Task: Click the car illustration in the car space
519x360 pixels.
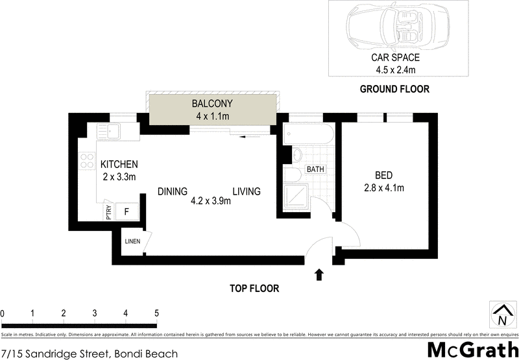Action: tap(396, 27)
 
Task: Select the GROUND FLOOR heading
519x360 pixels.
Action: tap(394, 89)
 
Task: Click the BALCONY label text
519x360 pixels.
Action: tap(211, 104)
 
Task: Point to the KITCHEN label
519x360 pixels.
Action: tap(119, 165)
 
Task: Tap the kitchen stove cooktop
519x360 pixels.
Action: tap(86, 160)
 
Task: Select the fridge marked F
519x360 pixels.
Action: tap(127, 212)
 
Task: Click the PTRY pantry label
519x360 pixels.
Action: tap(108, 213)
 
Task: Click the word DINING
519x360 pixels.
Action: tap(173, 191)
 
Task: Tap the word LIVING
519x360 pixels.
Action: tap(247, 191)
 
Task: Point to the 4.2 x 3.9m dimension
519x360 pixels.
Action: tap(210, 201)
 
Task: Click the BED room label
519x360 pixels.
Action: tap(384, 175)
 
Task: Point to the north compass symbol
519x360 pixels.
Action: tap(501, 315)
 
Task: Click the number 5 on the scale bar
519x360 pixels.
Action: tap(156, 313)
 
